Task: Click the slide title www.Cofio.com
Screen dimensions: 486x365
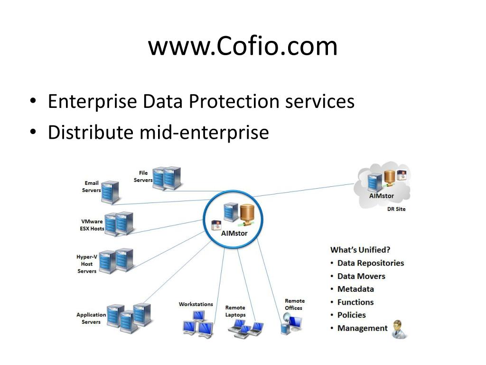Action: click(x=243, y=47)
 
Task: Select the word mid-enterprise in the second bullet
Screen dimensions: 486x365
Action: click(x=204, y=133)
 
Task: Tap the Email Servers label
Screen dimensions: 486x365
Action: click(x=92, y=187)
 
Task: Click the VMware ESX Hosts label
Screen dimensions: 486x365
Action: click(x=92, y=225)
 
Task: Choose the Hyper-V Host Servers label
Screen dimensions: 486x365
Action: click(x=87, y=264)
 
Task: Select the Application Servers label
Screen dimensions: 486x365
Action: click(x=91, y=318)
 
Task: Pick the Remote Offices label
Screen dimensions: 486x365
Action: click(x=294, y=304)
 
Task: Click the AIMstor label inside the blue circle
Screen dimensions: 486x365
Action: click(x=234, y=233)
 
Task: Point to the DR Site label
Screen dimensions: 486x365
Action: click(x=397, y=209)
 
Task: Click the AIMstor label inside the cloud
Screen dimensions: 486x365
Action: click(x=382, y=196)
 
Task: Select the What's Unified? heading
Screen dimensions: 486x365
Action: click(x=360, y=250)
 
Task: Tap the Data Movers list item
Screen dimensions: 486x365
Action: click(x=361, y=276)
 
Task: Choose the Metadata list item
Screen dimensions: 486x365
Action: click(x=355, y=289)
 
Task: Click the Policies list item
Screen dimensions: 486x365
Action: click(x=352, y=315)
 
